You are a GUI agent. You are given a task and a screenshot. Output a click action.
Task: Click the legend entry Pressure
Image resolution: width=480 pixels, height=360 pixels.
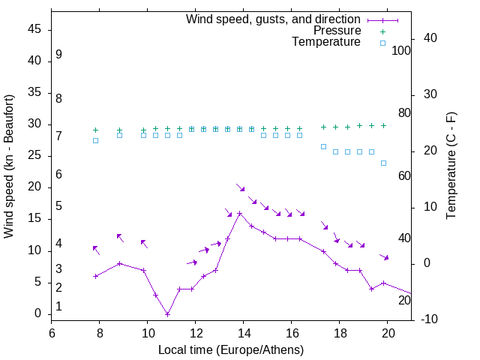(337, 31)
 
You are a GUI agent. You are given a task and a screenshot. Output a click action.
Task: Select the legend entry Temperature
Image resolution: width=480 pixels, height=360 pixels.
(326, 42)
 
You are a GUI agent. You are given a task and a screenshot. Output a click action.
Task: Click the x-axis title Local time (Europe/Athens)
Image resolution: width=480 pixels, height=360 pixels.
(231, 350)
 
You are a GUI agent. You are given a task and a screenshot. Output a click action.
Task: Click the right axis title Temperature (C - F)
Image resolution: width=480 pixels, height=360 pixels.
(451, 166)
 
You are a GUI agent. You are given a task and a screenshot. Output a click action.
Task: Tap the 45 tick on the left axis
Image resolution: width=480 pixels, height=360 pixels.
(35, 29)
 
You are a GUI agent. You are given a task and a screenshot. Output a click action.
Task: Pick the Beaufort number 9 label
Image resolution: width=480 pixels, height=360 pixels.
(58, 55)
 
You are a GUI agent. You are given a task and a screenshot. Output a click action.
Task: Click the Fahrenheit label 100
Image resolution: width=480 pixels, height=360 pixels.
(401, 51)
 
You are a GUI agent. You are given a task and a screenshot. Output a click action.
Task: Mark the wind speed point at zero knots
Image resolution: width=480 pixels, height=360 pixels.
(167, 314)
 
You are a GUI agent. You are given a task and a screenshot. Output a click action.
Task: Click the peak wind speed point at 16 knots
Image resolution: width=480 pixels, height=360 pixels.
(239, 213)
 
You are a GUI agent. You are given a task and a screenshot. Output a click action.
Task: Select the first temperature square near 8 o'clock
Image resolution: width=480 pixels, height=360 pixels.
(95, 140)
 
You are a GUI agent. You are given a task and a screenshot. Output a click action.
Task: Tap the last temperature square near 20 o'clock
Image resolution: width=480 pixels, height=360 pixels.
(383, 163)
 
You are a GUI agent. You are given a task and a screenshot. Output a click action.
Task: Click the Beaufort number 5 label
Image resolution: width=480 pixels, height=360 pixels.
(58, 206)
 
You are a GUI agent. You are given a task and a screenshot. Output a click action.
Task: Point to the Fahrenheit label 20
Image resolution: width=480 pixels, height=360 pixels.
(404, 300)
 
